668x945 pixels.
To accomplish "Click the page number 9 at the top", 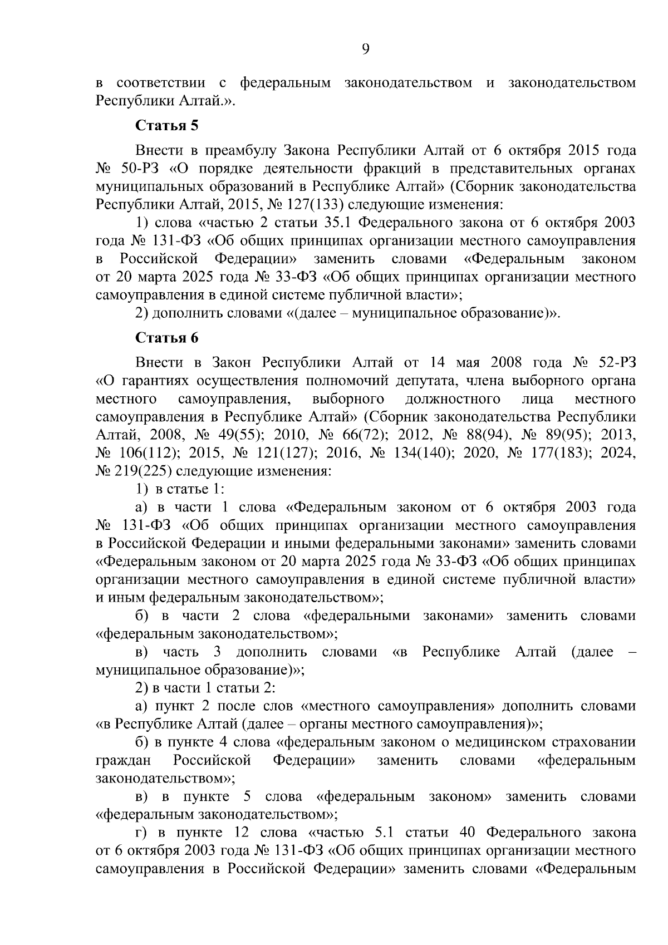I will click(x=365, y=50).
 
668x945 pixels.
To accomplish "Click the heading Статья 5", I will click(x=167, y=125).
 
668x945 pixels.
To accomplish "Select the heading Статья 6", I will click(x=167, y=338).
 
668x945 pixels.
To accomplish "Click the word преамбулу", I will click(x=241, y=151).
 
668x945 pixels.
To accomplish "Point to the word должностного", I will click(x=452, y=399).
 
